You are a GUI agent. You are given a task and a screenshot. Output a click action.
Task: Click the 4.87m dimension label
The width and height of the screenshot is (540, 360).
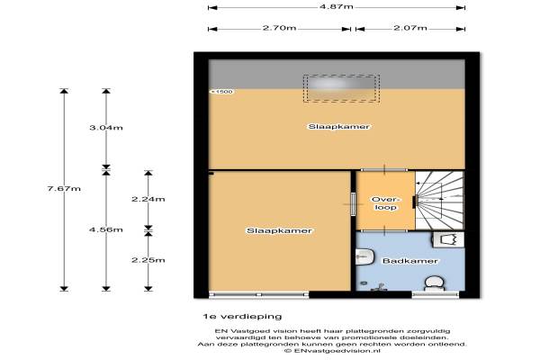coord(336,6)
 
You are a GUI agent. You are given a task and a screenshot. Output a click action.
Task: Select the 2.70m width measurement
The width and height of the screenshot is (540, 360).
coord(279,28)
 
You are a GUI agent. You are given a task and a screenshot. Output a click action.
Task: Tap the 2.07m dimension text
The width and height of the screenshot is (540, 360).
coord(410,28)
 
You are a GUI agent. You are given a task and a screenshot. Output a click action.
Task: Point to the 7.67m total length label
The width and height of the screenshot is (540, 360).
coord(64,188)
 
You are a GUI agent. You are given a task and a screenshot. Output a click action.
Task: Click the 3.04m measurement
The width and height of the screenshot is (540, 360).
coord(106,128)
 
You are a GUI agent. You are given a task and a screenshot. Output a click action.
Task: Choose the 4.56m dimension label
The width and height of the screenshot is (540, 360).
coord(106,229)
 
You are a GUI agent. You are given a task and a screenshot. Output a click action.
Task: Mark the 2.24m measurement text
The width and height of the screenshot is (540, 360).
coord(148,199)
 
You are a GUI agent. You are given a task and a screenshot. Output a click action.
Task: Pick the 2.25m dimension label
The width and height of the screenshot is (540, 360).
coord(148,260)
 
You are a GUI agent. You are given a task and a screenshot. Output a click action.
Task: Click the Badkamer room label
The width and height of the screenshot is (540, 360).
coord(410,261)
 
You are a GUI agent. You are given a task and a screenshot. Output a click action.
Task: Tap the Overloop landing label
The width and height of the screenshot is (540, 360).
coord(386,203)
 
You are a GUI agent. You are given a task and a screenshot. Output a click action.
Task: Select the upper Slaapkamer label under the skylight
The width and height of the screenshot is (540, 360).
coord(339,126)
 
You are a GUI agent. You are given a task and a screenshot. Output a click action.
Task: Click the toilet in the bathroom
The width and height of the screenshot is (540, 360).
coord(435,283)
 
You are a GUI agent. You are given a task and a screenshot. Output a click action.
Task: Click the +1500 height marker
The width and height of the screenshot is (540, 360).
coord(221,92)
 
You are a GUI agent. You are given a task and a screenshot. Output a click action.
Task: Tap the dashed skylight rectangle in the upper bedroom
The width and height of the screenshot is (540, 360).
coord(341,88)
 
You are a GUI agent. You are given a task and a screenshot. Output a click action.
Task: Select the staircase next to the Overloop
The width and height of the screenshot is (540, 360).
coord(440,201)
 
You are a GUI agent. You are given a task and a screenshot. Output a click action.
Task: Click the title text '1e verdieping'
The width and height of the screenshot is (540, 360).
coord(242,316)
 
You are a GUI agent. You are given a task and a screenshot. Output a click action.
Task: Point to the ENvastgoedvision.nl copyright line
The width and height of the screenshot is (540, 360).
coord(332,351)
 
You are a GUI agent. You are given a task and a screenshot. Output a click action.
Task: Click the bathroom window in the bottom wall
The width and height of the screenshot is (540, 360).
coord(436,294)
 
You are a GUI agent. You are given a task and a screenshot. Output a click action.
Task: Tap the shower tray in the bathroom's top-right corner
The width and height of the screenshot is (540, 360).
coord(448,239)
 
